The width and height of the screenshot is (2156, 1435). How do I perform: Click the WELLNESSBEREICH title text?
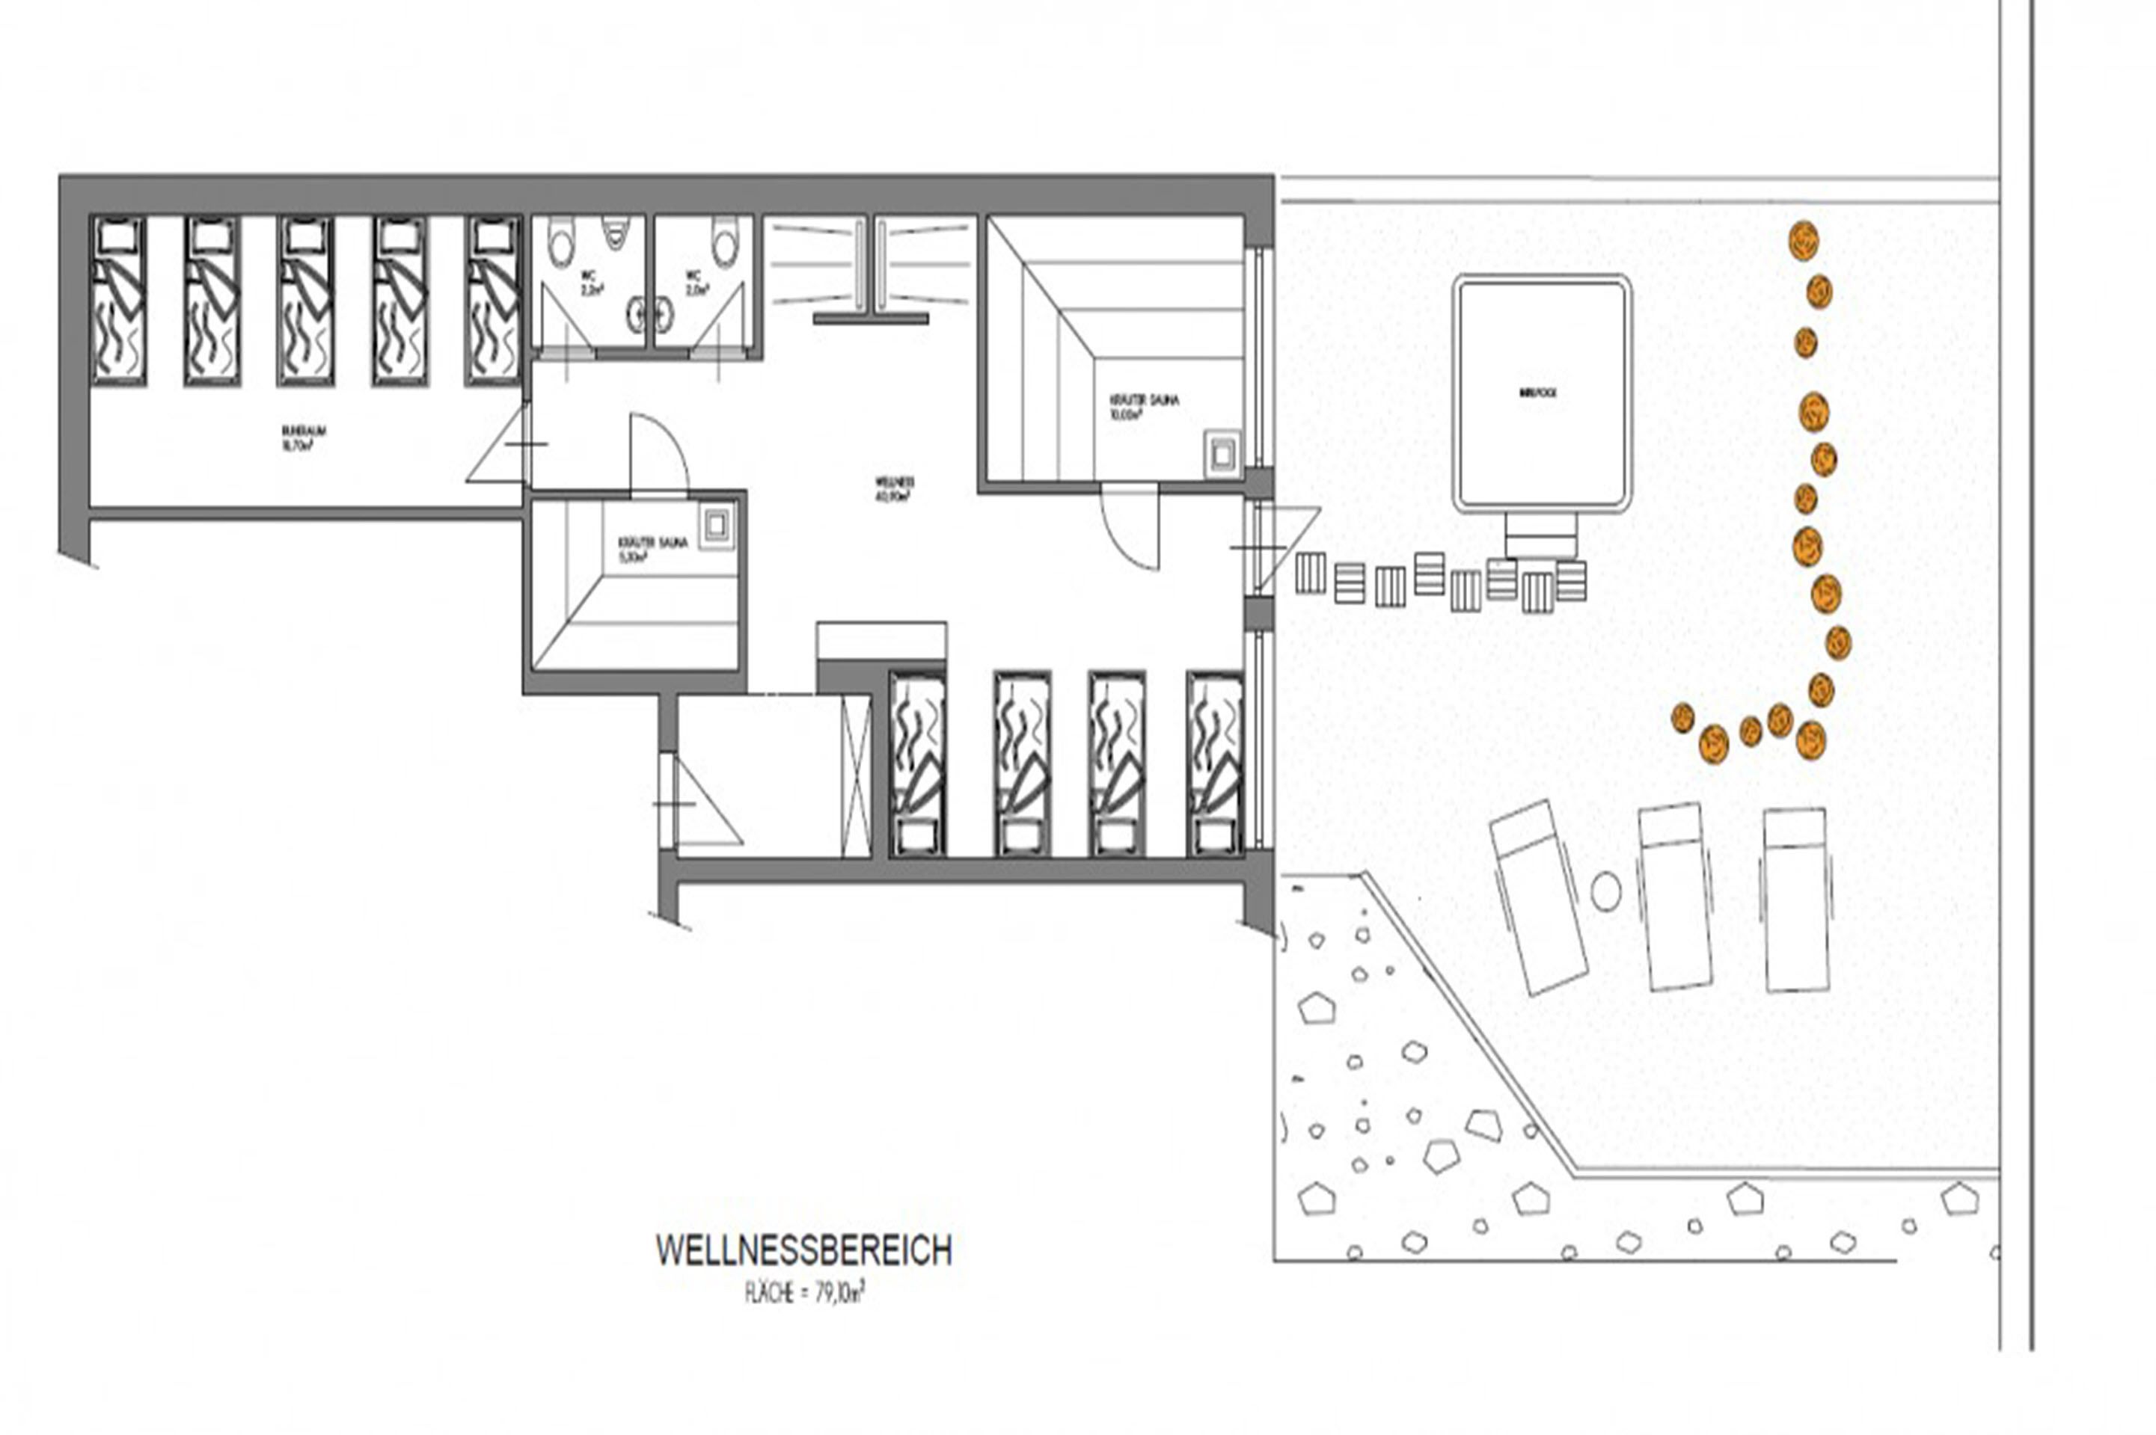point(803,1251)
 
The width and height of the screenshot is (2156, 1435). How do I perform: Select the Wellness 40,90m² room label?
point(895,489)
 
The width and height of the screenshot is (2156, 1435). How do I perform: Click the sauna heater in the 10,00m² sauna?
point(1222,455)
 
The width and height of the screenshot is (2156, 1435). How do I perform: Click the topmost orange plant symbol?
point(1803,241)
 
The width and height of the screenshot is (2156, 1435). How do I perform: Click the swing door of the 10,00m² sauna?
point(1130,528)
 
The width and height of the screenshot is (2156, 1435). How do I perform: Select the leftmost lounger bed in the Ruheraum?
point(119,299)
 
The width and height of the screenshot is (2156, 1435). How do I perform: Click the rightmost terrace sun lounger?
point(1796,899)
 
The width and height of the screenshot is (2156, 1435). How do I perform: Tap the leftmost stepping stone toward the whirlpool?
point(1310,574)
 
